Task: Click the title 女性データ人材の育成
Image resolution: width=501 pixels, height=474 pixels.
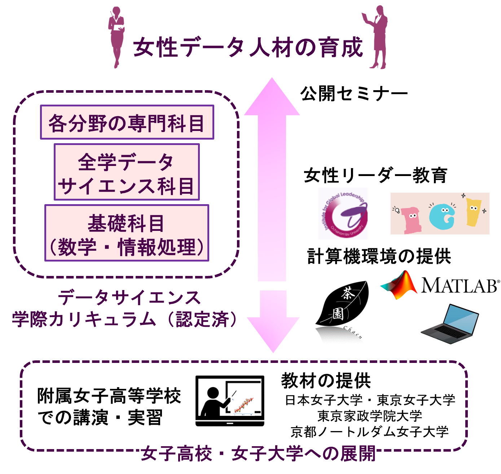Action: pos(248,48)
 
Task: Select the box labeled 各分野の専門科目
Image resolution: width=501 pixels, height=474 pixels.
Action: pos(127,122)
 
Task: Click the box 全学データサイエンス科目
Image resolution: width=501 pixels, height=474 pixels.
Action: pos(127,172)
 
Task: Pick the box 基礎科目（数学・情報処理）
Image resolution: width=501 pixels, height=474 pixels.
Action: pos(127,233)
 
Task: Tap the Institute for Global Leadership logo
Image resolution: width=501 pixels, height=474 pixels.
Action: pos(343,213)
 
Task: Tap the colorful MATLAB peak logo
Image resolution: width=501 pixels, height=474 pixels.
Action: pos(400,285)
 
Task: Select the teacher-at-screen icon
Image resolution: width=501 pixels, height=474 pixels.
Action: pos(229,401)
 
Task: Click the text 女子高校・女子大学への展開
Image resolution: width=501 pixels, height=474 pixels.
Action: pos(258,453)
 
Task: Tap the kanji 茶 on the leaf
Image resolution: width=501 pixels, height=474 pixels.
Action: pos(348,294)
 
